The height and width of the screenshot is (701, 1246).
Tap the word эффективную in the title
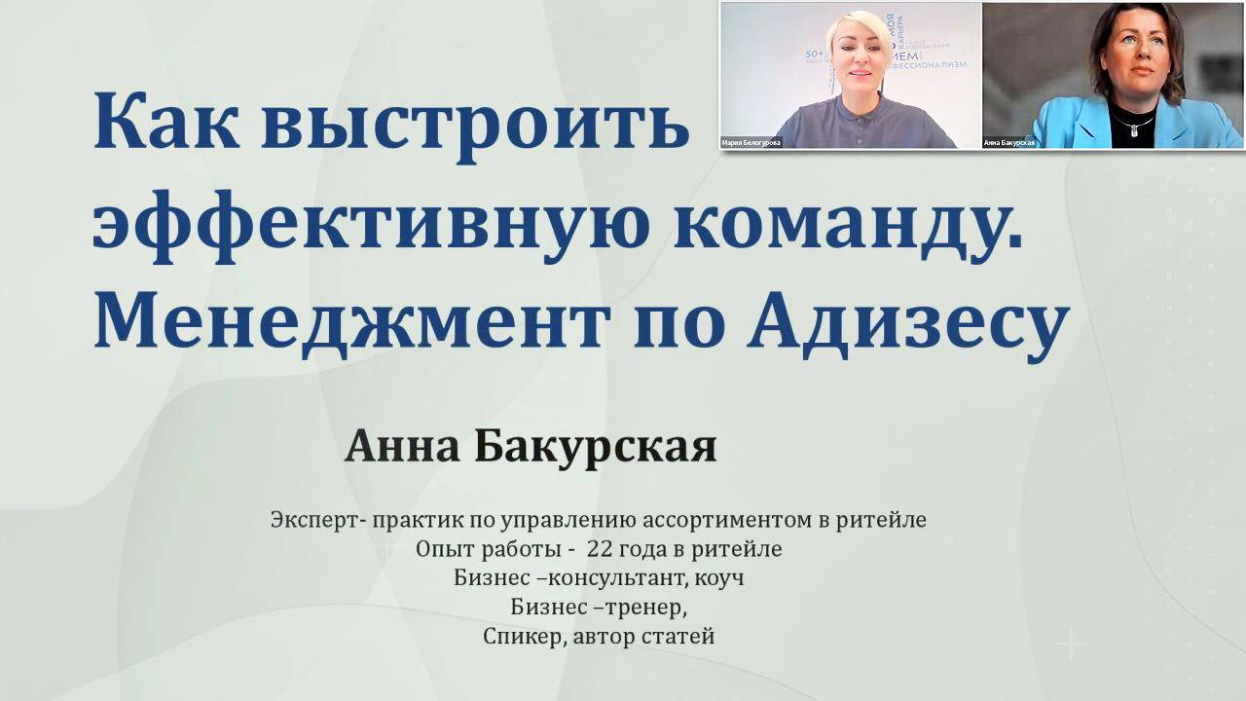(366, 225)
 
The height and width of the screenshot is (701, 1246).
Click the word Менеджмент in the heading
(349, 323)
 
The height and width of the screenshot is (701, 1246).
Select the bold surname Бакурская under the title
(595, 448)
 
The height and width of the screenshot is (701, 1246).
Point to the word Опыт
(443, 549)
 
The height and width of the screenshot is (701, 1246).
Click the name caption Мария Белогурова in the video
(751, 142)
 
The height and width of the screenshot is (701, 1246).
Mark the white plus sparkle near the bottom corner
(1071, 644)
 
